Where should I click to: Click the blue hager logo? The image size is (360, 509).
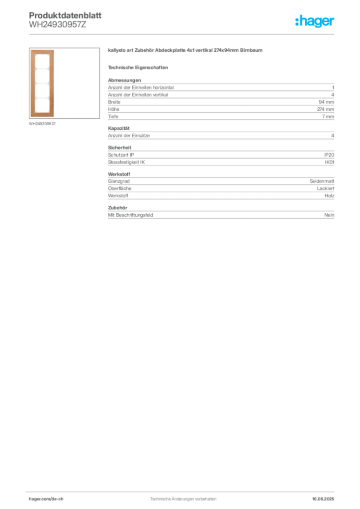click(315, 21)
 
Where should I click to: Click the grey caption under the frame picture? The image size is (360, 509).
click(44, 124)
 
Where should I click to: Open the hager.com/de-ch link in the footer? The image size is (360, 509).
click(55, 499)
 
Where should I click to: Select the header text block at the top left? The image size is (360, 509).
click(65, 20)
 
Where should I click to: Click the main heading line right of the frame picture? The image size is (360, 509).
click(187, 52)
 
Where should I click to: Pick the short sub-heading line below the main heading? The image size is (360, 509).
click(139, 67)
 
